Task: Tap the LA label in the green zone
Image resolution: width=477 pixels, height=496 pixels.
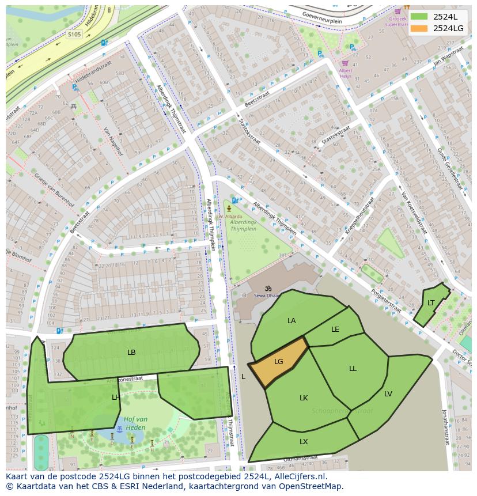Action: [291, 320]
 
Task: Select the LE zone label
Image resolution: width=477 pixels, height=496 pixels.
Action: [335, 330]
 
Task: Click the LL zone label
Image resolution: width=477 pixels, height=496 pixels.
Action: [353, 369]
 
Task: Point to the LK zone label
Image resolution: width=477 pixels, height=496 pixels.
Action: [304, 398]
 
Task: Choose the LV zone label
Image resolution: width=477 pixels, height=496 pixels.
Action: [388, 394]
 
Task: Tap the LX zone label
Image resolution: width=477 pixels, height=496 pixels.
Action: [304, 442]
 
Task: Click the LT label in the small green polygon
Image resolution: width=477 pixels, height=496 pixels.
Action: [431, 303]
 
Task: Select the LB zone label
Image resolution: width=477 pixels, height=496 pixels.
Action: [131, 352]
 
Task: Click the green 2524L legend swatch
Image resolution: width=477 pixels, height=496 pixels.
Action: [419, 17]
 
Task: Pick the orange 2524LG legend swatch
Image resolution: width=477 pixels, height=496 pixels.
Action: [419, 28]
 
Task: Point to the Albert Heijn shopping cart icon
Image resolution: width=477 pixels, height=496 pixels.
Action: [346, 63]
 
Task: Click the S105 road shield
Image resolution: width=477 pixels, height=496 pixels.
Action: [74, 35]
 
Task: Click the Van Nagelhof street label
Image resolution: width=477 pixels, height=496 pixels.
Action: [113, 142]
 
